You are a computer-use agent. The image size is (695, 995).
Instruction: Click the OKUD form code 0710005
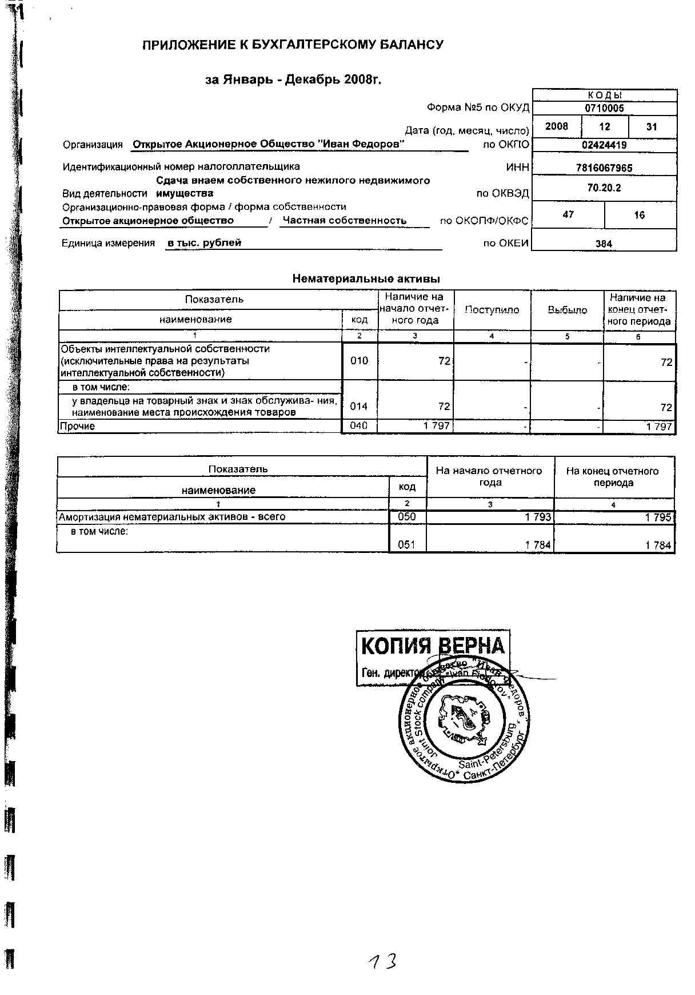(604, 108)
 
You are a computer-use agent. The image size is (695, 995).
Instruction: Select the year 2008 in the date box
(557, 126)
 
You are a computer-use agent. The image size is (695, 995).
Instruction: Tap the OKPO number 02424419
(604, 145)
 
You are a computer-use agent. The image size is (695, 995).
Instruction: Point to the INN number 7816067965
(604, 169)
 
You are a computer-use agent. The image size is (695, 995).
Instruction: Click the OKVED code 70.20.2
(604, 188)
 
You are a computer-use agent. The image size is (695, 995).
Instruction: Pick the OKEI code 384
(604, 244)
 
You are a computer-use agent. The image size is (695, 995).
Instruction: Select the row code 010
(359, 361)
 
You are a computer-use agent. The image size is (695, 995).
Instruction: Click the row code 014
(359, 407)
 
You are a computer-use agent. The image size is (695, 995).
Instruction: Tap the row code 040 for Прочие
(359, 426)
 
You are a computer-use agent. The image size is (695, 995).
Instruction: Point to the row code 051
(406, 545)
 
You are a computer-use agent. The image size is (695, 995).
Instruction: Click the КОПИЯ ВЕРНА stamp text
(433, 646)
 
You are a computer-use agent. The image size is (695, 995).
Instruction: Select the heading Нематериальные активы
(366, 279)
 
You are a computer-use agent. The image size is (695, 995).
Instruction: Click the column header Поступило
(492, 310)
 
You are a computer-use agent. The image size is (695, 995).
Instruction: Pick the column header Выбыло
(567, 310)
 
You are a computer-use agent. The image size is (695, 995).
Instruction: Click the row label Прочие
(78, 427)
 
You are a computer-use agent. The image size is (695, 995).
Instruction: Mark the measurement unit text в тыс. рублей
(204, 243)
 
